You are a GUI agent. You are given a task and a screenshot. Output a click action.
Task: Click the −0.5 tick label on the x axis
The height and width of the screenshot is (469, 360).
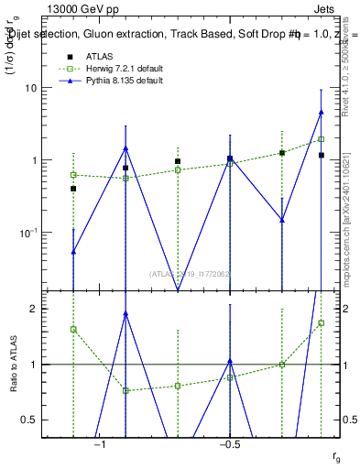229,443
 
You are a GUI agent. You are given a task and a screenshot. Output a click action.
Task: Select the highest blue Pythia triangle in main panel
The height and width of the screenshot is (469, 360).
322,112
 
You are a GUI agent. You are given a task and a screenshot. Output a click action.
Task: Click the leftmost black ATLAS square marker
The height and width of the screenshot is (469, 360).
73,188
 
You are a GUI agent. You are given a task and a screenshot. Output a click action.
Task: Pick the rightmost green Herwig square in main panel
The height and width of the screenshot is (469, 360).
322,139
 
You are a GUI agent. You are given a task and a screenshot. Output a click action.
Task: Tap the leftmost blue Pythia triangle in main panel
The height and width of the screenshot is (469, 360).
73,251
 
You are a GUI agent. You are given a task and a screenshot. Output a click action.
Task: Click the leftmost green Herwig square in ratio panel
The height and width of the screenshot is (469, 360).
73,329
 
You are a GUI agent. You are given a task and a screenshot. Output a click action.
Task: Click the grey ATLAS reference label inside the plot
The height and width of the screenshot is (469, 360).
191,273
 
